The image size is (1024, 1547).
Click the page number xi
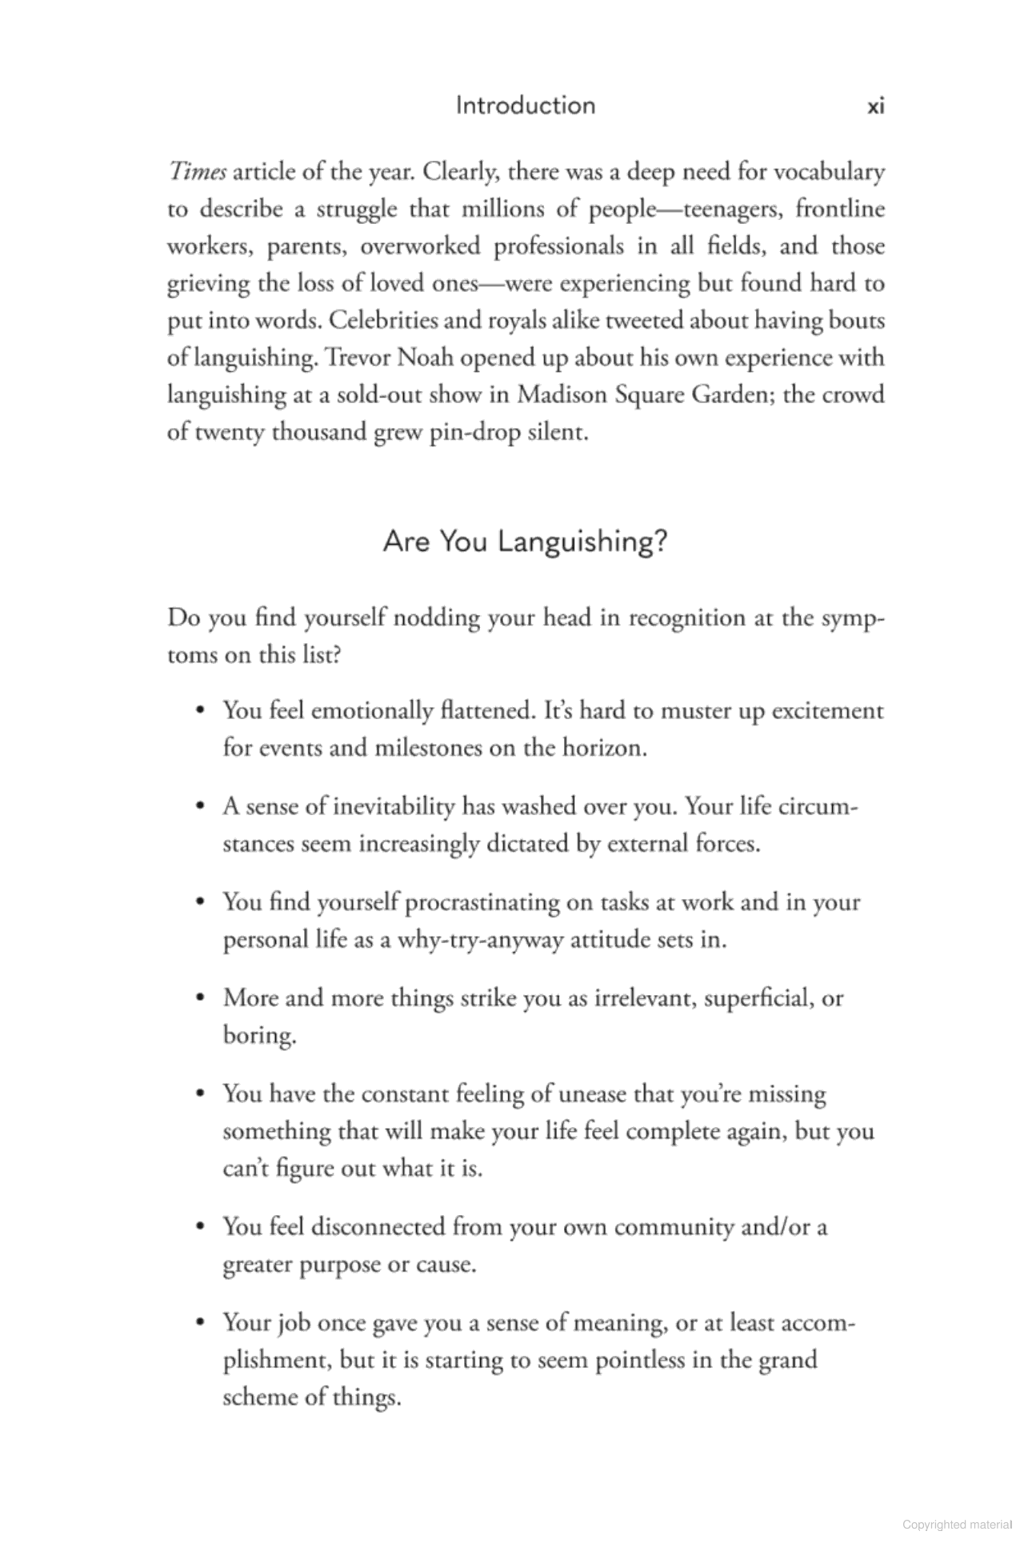[x=875, y=106]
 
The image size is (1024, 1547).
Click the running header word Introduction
[x=525, y=106]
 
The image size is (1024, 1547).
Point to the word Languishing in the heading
[x=582, y=542]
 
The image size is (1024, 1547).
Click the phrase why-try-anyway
[x=480, y=939]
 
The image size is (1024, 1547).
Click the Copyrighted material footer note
[x=957, y=1524]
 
